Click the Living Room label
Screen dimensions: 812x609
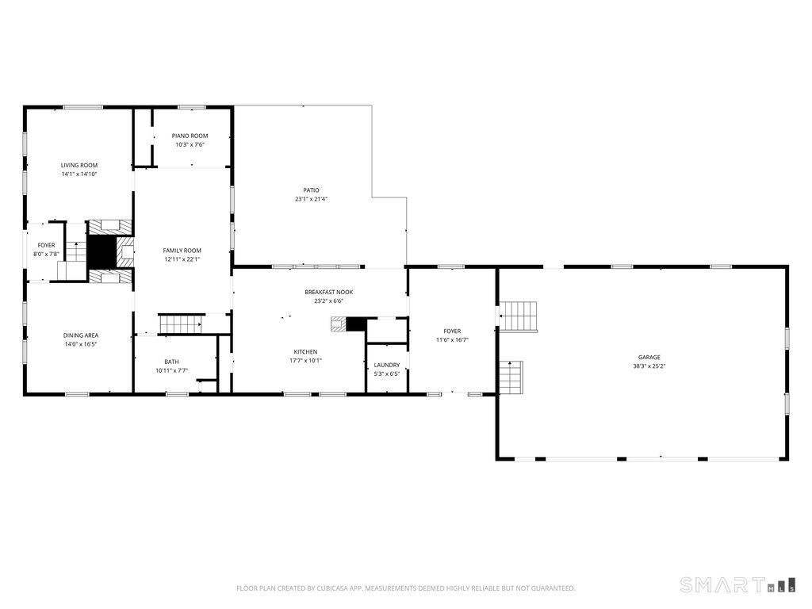click(79, 165)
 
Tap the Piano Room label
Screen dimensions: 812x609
click(190, 136)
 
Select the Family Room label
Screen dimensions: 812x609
click(182, 251)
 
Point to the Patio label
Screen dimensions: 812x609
click(311, 190)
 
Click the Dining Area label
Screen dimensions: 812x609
click(81, 335)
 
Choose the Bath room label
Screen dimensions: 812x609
click(172, 362)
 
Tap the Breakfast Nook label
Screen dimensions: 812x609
click(329, 292)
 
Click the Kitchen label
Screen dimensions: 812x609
click(305, 351)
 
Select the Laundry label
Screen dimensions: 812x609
click(387, 365)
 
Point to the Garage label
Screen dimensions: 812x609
click(649, 358)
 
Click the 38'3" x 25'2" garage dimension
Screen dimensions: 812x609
click(649, 366)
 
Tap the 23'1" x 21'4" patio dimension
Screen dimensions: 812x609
click(311, 199)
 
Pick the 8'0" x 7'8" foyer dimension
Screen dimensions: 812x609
click(46, 255)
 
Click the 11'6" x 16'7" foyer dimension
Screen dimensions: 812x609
click(452, 340)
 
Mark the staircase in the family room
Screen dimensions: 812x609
click(180, 324)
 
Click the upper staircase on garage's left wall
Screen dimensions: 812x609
click(518, 316)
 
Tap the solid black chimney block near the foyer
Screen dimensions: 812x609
click(102, 252)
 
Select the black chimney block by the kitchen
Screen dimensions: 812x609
click(356, 324)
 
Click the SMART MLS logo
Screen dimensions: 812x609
click(737, 585)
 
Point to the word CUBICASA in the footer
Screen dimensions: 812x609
click(335, 588)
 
